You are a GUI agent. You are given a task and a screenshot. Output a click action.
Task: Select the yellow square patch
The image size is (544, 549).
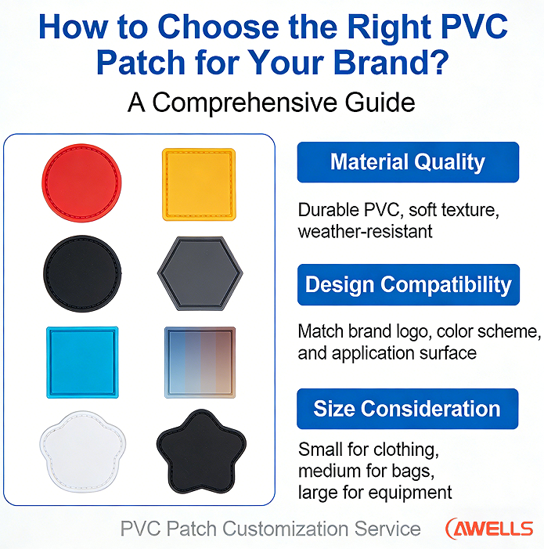point(198,184)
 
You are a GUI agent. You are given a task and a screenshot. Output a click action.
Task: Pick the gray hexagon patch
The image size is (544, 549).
point(199,273)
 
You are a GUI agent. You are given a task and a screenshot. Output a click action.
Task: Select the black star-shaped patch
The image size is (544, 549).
point(198,453)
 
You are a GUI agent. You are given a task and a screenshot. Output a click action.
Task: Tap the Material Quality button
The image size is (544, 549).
point(408,163)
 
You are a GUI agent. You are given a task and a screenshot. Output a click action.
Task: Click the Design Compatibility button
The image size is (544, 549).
point(408,284)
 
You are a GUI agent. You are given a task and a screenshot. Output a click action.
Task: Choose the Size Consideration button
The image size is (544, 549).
point(408,409)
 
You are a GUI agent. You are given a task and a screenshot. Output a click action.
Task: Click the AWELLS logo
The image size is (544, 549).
point(488,529)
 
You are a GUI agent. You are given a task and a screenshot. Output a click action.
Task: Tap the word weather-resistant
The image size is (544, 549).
point(365,231)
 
